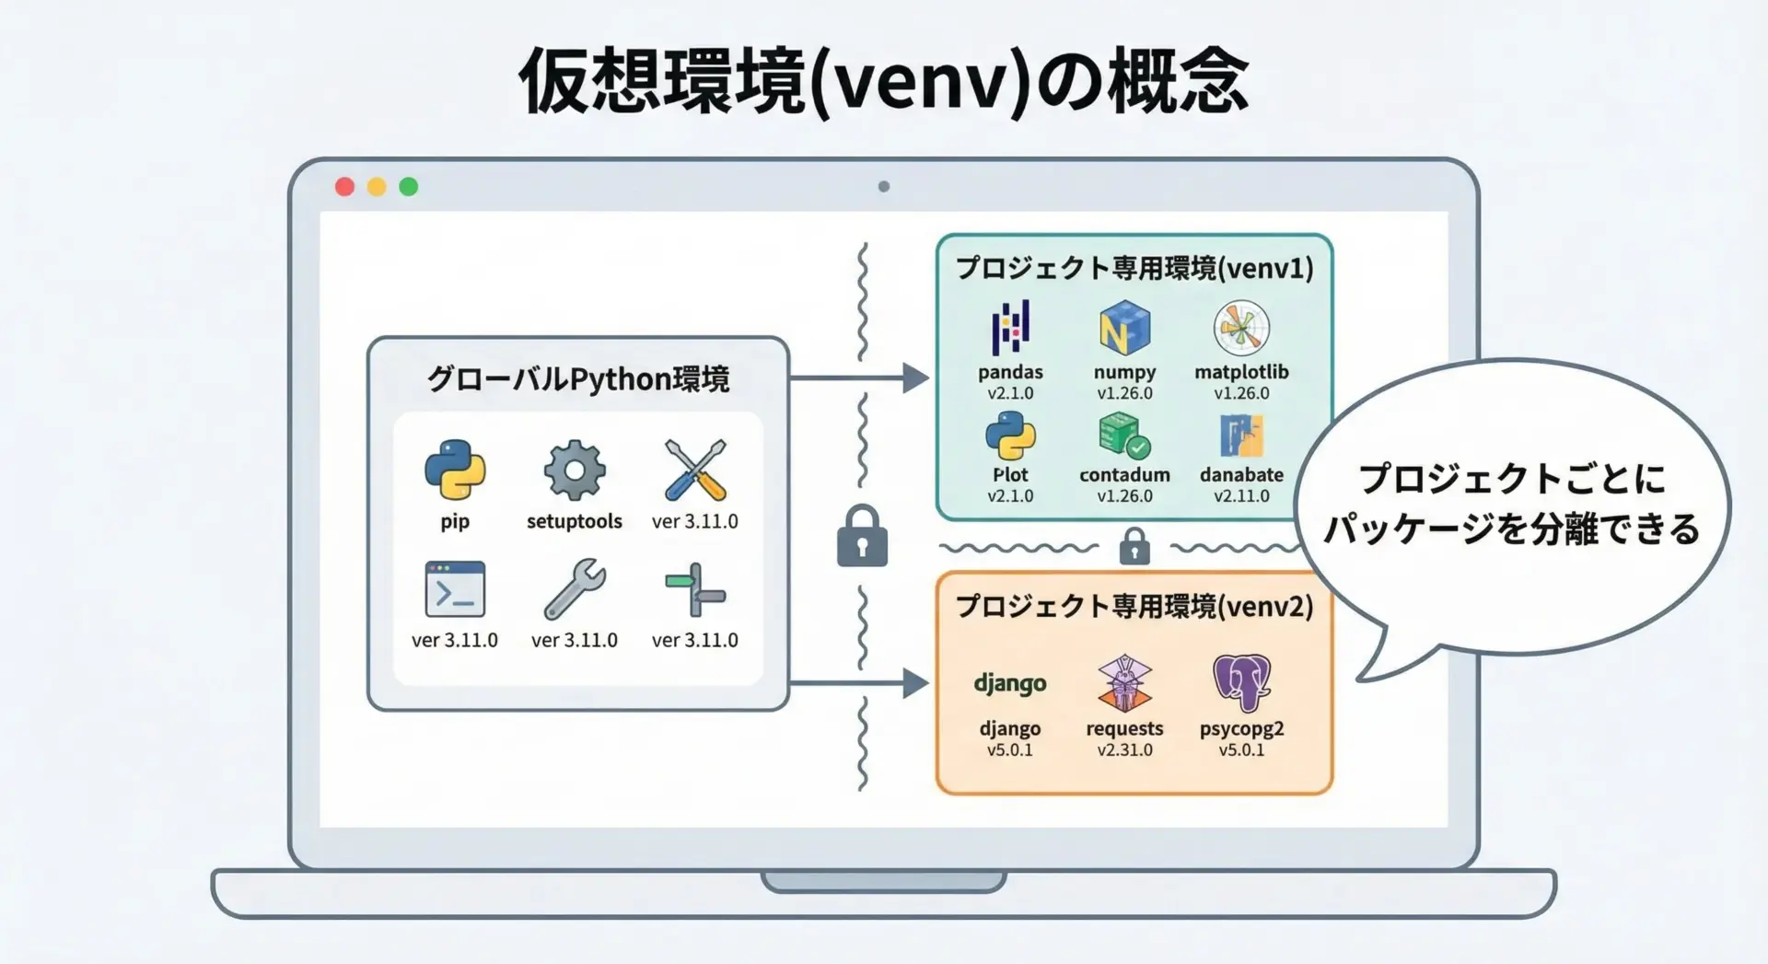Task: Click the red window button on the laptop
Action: pyautogui.click(x=344, y=187)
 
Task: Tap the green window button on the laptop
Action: pyautogui.click(x=409, y=187)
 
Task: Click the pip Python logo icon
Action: pyautogui.click(x=455, y=470)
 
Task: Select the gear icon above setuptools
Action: pyautogui.click(x=575, y=470)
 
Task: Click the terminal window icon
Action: pyautogui.click(x=455, y=589)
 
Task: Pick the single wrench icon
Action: pyautogui.click(x=575, y=589)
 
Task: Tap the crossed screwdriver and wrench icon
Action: pyautogui.click(x=695, y=470)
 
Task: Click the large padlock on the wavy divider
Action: pyautogui.click(x=862, y=536)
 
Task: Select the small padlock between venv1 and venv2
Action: pyautogui.click(x=1134, y=547)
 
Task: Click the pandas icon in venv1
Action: pyautogui.click(x=1010, y=328)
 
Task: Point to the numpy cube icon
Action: pyautogui.click(x=1124, y=328)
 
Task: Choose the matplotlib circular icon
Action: pyautogui.click(x=1241, y=328)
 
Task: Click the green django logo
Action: pyautogui.click(x=1010, y=683)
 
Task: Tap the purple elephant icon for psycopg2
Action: pyautogui.click(x=1241, y=682)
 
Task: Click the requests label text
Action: pyautogui.click(x=1124, y=728)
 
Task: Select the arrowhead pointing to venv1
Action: pyautogui.click(x=915, y=377)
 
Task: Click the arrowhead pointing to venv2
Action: pyautogui.click(x=915, y=683)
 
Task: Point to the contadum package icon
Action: pyautogui.click(x=1124, y=436)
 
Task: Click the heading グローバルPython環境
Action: pyautogui.click(x=578, y=379)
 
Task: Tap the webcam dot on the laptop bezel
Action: pyautogui.click(x=884, y=187)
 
